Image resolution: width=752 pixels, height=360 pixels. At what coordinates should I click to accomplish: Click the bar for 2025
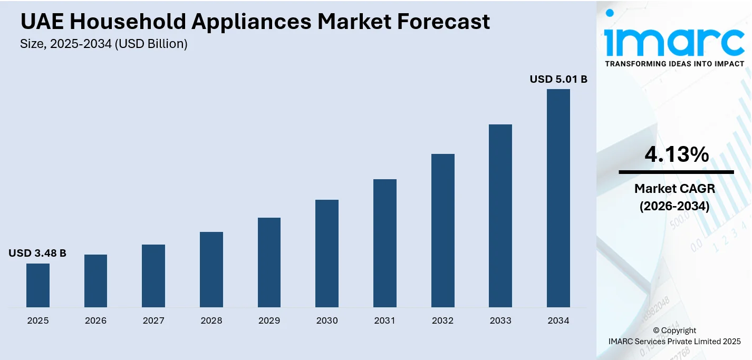[38, 285]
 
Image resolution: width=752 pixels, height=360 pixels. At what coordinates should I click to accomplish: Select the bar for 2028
[211, 269]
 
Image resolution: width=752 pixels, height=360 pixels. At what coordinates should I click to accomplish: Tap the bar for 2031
[385, 243]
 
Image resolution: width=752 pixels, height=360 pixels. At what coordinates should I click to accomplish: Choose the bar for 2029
[269, 262]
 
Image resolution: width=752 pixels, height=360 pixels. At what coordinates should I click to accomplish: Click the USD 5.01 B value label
[558, 80]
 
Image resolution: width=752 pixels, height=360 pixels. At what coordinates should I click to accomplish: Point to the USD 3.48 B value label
[37, 254]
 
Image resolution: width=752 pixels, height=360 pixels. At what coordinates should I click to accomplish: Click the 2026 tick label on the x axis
[95, 320]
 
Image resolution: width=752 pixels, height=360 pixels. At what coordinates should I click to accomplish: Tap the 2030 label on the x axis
[327, 320]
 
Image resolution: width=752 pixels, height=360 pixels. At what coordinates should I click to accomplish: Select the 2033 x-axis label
[500, 320]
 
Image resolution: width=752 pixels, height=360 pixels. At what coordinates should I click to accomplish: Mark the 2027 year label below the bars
[153, 320]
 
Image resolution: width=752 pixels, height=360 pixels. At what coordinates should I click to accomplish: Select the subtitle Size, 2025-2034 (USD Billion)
[104, 44]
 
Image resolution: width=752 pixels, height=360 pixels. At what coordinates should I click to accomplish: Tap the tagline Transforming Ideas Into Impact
[674, 64]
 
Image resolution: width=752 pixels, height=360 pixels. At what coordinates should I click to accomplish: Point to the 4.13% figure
[677, 154]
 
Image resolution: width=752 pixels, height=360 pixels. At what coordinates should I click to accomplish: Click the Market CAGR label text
[674, 189]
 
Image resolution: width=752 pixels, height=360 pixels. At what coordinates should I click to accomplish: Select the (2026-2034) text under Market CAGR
[674, 206]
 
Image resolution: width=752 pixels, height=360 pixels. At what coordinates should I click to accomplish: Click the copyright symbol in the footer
[657, 330]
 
